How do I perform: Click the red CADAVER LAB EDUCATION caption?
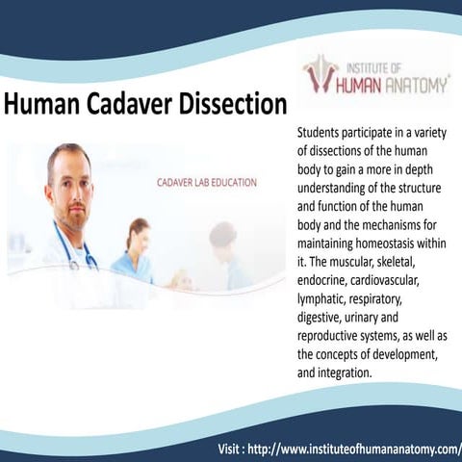pyautogui.click(x=207, y=182)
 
